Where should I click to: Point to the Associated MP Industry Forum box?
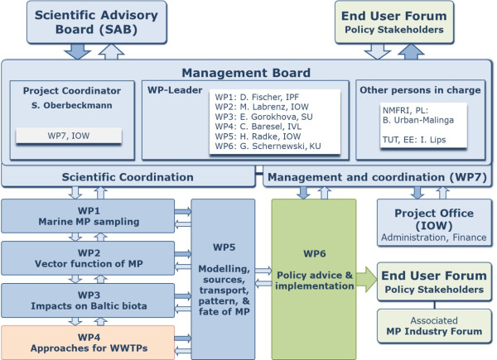pos(428,331)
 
